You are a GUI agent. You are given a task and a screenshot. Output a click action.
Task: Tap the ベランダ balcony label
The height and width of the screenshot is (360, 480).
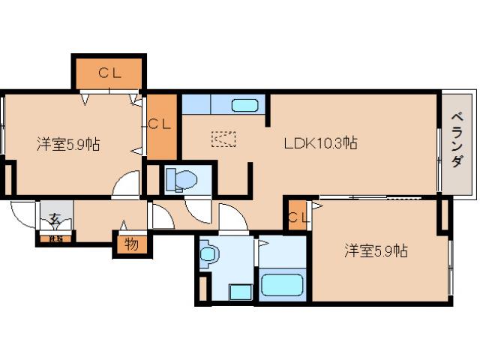point(455,140)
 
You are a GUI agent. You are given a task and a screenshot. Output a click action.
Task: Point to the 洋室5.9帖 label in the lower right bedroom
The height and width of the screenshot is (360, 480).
point(376,250)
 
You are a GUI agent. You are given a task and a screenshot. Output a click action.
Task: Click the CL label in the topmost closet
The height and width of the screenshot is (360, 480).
point(109,73)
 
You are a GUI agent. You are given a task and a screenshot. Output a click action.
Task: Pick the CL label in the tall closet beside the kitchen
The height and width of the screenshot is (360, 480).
point(160,124)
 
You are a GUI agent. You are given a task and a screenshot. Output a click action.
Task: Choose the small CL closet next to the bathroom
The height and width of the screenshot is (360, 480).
point(297,218)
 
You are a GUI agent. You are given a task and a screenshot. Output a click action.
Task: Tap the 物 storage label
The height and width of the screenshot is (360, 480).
point(131,244)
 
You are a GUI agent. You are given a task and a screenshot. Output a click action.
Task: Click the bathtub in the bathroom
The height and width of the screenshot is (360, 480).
point(281,285)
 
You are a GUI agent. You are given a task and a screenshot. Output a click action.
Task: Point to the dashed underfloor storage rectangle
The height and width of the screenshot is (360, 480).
point(223,139)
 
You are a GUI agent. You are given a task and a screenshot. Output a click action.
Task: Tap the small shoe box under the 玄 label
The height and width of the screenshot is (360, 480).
point(55,239)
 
